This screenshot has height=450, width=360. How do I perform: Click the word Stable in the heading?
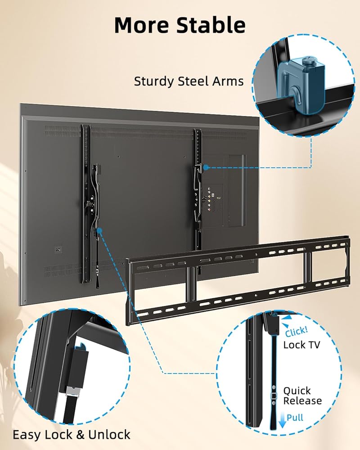(x=211, y=25)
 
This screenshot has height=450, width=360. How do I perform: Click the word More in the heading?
(x=142, y=25)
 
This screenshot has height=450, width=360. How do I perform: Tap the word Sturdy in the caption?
(x=154, y=81)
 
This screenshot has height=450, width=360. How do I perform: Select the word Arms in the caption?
(x=228, y=81)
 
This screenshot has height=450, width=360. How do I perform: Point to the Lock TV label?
(x=301, y=345)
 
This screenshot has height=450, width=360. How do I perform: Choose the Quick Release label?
(x=302, y=396)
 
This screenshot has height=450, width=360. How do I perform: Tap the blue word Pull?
(x=295, y=417)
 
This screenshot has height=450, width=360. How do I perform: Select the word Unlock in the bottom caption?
(x=109, y=435)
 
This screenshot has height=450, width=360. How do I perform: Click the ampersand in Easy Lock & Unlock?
(x=80, y=435)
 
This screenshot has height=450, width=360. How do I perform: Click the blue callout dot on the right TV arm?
(x=206, y=167)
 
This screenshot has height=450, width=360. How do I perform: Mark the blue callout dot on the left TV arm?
(x=99, y=230)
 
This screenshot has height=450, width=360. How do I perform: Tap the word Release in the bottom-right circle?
(x=302, y=400)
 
